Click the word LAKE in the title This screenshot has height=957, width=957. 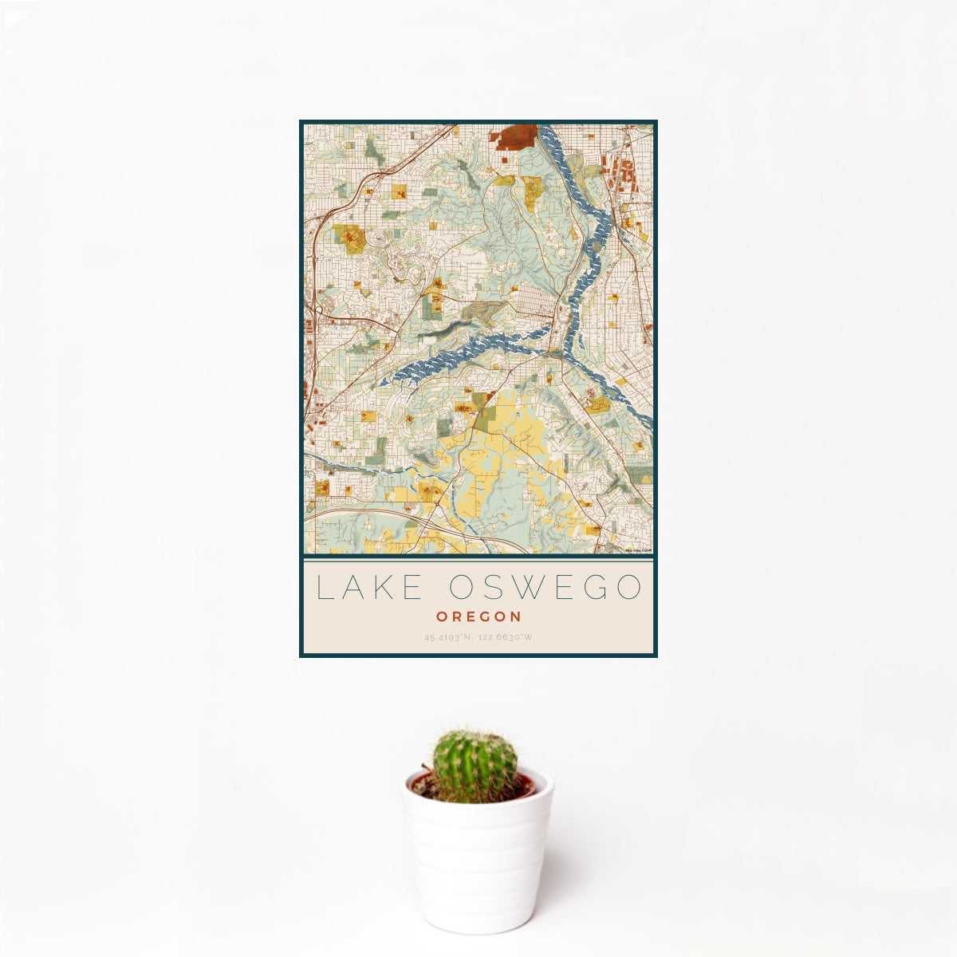coord(370,588)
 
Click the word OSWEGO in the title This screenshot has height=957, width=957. coord(545,588)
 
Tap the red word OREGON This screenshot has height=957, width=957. coord(478,616)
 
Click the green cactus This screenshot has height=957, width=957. coord(475,766)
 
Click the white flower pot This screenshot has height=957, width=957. coord(477,861)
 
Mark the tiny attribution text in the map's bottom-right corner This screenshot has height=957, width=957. coord(638,550)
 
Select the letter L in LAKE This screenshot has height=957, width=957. coord(323,588)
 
